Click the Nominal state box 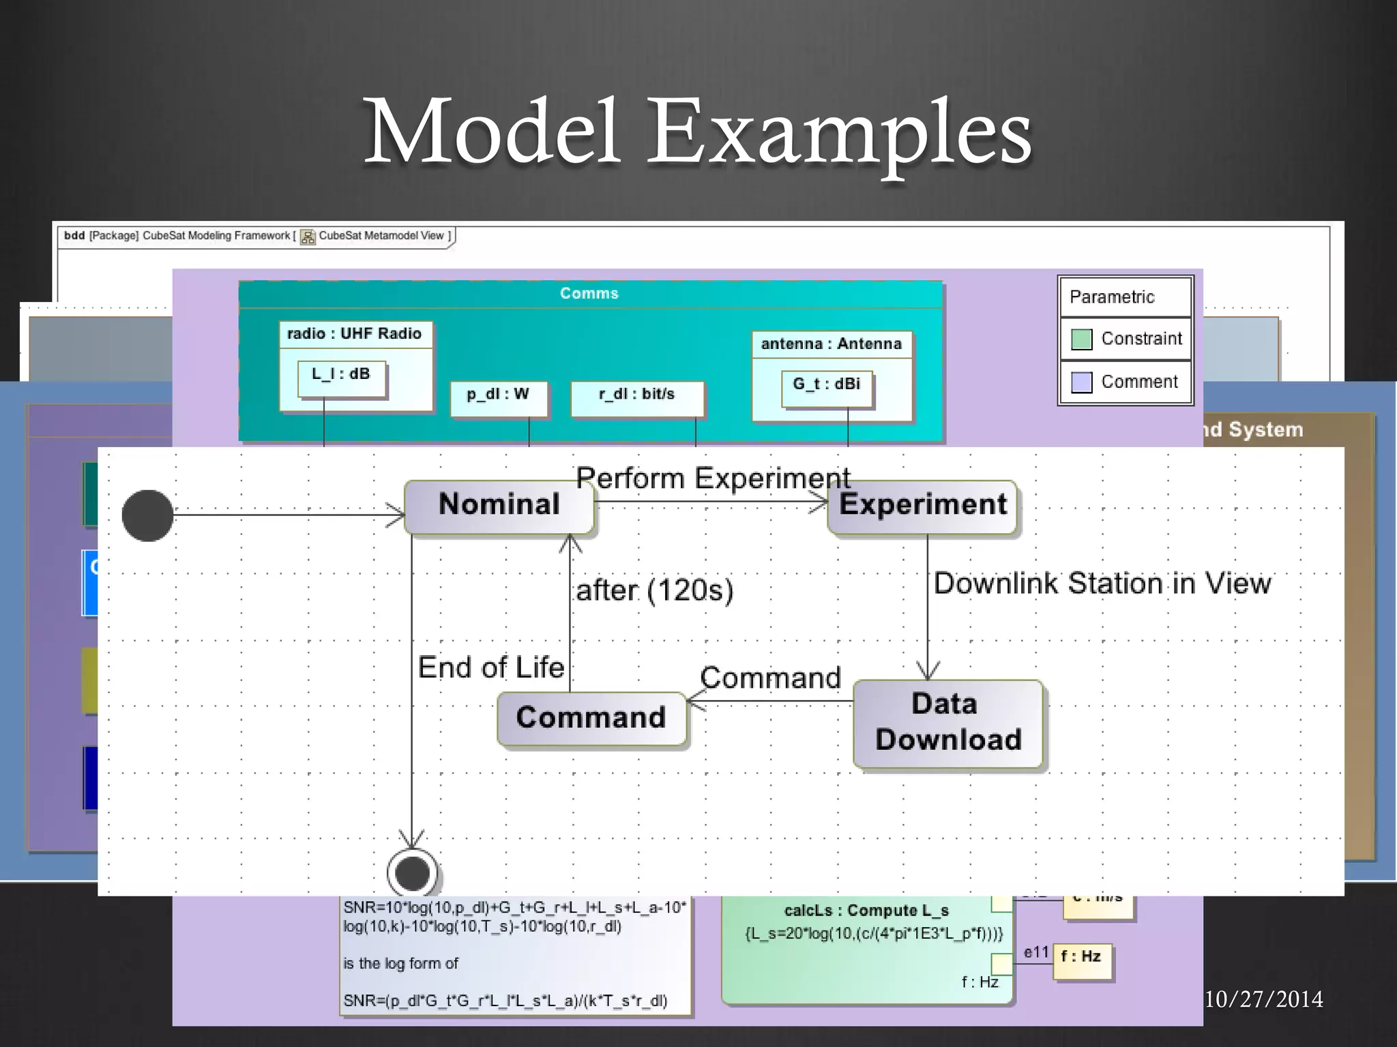click(499, 506)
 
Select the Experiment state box click(922, 506)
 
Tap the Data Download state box click(948, 723)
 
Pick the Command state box click(591, 718)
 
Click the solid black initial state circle click(147, 515)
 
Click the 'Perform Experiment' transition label click(713, 478)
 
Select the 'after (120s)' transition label click(654, 590)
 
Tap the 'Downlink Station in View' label click(1102, 583)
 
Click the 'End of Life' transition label click(491, 667)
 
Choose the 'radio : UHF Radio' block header click(355, 334)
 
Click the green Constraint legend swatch click(1081, 339)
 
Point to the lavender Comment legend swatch click(1081, 382)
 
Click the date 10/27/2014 click(1263, 999)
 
